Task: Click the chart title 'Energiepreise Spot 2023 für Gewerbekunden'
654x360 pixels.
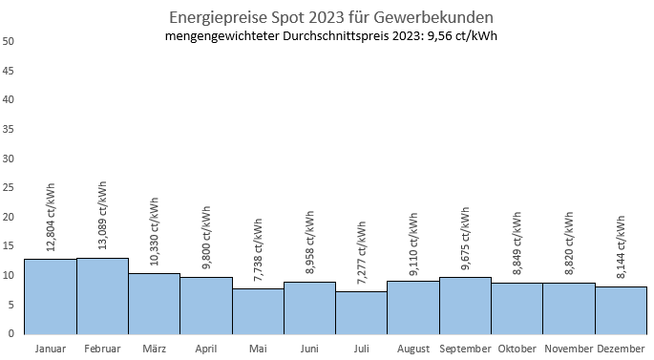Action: (330, 16)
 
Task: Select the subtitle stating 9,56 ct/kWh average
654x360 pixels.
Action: (330, 36)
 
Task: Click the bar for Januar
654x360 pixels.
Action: (50, 296)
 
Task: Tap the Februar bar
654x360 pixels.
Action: (102, 295)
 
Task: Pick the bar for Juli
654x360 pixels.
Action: (361, 312)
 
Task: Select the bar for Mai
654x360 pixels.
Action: (258, 310)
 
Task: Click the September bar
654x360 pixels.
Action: (465, 305)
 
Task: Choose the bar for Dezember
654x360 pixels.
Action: (621, 309)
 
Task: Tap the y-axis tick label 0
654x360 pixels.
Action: (11, 333)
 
